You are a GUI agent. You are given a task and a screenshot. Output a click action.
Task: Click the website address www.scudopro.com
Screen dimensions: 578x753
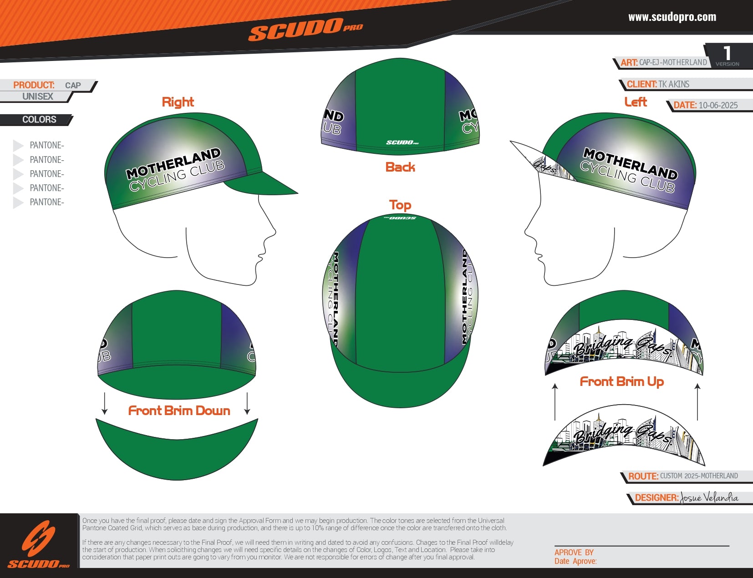(672, 17)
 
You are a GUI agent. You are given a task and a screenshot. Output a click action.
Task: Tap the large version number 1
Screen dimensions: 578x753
(727, 53)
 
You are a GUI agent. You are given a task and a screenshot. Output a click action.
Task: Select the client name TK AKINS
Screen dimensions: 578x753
(674, 84)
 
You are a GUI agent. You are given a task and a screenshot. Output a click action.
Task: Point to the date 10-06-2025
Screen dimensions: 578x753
(718, 105)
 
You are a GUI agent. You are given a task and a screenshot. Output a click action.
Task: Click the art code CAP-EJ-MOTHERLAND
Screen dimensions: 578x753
(673, 62)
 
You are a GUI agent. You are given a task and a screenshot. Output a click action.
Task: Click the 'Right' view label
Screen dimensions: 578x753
(178, 102)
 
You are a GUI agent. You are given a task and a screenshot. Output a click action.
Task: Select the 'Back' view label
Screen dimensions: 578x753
(400, 167)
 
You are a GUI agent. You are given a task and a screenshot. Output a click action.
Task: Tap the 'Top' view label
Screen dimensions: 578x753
(400, 205)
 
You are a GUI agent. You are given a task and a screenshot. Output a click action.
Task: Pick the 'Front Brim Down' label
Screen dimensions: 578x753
(179, 411)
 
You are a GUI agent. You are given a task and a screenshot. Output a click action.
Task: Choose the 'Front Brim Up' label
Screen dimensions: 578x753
(621, 381)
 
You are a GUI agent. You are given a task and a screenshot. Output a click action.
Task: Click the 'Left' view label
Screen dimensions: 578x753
(636, 102)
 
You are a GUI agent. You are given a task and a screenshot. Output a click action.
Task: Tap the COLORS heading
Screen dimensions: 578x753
(39, 120)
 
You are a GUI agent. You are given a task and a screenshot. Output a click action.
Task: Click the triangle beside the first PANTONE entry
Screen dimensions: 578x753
(18, 145)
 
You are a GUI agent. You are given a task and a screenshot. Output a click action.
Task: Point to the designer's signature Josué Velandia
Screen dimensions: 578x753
(709, 497)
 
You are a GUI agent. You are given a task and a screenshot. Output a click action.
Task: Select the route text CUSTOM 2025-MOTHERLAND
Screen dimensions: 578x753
(699, 476)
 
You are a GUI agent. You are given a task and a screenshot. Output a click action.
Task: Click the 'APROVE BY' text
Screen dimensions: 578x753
(574, 552)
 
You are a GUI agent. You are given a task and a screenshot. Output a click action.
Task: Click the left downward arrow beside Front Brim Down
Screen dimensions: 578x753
(105, 403)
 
